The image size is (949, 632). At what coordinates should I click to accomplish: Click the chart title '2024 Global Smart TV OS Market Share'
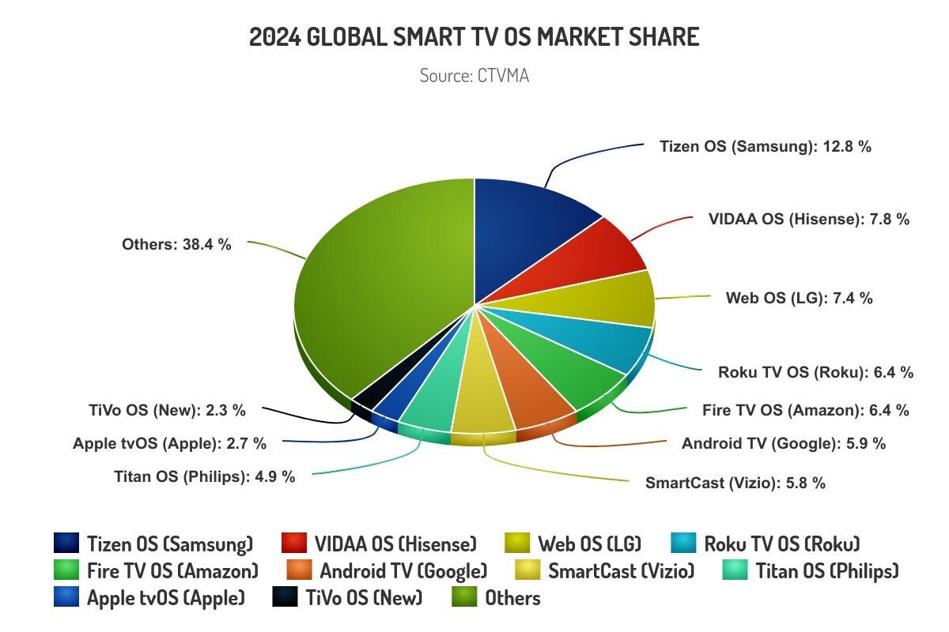[475, 37]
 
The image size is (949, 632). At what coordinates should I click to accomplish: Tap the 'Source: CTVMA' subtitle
[475, 76]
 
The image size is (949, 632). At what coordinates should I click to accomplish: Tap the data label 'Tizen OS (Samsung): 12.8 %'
[765, 146]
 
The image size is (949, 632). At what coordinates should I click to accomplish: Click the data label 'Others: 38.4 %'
[176, 245]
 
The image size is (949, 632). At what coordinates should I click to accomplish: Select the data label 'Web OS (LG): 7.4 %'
[799, 298]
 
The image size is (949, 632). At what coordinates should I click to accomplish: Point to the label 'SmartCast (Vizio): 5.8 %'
[735, 483]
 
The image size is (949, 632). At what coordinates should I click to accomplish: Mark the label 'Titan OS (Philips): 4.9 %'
[205, 476]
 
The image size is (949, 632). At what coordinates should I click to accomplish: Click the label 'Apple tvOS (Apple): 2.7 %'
[169, 443]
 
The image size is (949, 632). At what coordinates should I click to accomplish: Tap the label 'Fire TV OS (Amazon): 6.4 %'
[805, 410]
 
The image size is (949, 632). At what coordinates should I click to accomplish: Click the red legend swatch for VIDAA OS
[294, 544]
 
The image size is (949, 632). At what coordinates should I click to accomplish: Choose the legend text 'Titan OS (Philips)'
[827, 570]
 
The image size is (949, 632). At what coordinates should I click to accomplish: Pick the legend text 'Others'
[512, 597]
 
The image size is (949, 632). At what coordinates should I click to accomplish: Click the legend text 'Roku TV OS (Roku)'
[781, 544]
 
